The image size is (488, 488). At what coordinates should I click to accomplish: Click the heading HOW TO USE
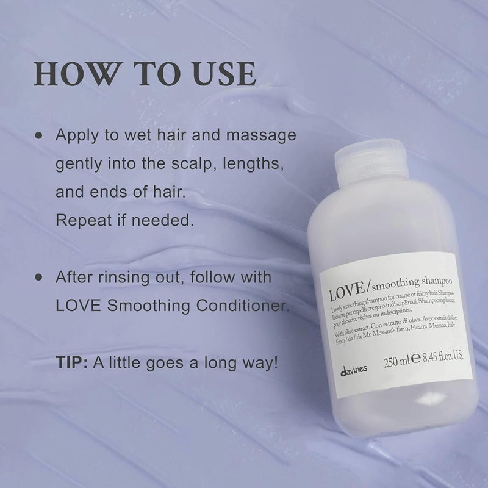tap(144, 73)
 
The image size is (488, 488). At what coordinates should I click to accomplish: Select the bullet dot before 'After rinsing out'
tap(40, 277)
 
